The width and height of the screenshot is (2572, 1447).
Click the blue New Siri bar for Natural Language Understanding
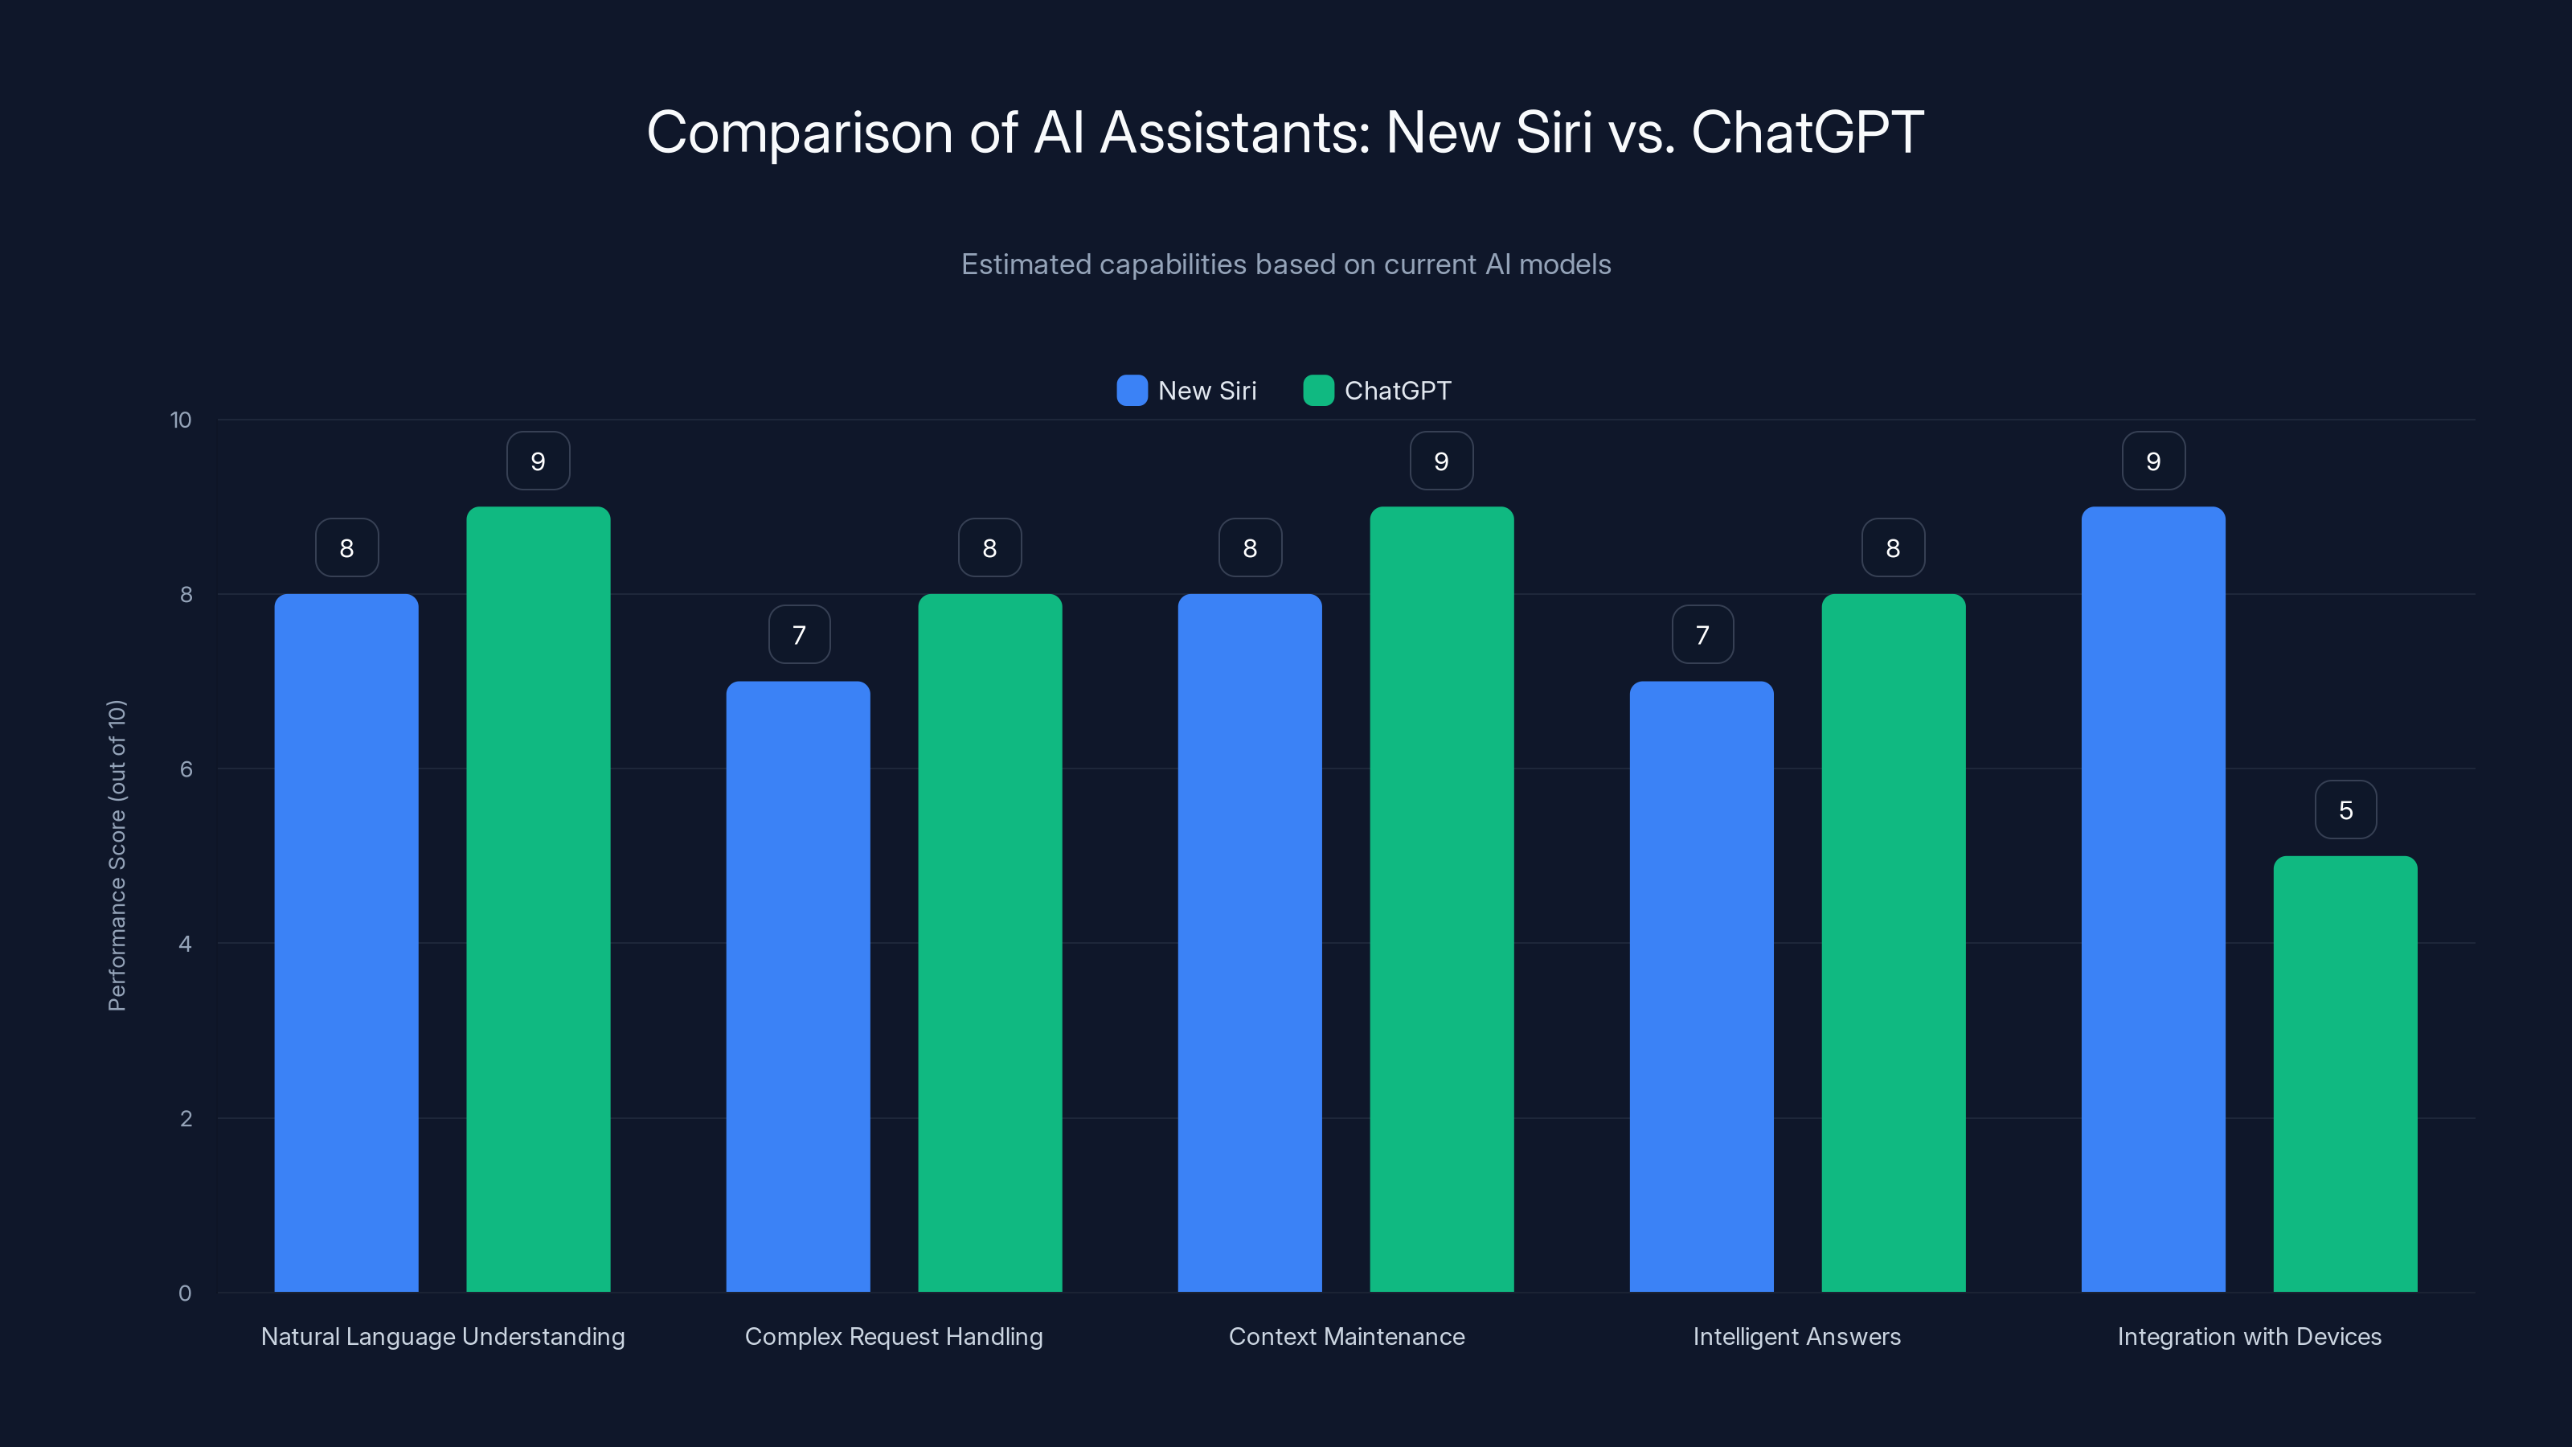click(346, 943)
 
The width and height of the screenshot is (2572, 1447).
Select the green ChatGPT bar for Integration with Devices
click(2345, 1073)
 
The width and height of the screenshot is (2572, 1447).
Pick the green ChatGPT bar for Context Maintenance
click(1441, 899)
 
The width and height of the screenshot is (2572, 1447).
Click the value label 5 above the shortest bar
click(2345, 810)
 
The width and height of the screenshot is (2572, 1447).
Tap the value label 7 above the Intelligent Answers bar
click(1702, 635)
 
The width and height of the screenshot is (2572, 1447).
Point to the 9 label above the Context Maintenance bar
click(1441, 461)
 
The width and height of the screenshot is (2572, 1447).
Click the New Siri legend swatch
click(1131, 391)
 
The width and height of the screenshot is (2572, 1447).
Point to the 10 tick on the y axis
click(181, 420)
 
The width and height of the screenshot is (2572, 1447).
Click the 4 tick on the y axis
click(185, 944)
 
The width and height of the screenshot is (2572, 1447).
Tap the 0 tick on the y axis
click(185, 1293)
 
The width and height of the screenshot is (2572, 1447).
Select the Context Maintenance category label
click(1346, 1336)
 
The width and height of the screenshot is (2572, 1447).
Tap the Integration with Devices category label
click(2249, 1336)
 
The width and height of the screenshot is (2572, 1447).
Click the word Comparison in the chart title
click(799, 133)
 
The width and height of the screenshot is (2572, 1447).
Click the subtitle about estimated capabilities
click(1285, 264)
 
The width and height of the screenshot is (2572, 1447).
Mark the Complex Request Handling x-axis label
click(894, 1336)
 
